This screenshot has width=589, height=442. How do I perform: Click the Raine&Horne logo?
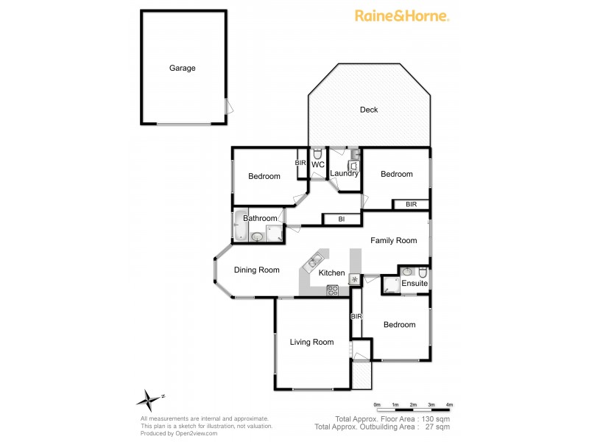click(402, 15)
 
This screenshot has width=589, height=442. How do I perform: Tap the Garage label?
click(183, 68)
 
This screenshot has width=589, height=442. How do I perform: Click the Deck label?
click(369, 110)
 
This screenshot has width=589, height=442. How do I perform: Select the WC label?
click(317, 165)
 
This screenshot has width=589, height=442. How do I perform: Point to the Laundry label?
click(344, 173)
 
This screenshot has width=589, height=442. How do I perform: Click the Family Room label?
click(393, 240)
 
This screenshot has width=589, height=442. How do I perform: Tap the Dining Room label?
click(257, 270)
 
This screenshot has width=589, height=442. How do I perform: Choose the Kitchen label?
click(332, 273)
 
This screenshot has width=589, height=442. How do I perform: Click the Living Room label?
click(311, 342)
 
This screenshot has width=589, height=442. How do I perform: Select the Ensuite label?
click(415, 284)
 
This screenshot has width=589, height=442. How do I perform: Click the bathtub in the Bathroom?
click(241, 226)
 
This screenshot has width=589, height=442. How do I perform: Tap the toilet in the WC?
click(317, 154)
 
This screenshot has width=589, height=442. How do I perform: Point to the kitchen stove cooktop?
click(333, 290)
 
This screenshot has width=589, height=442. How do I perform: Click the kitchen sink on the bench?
click(314, 261)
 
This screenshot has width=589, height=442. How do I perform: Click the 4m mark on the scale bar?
click(449, 405)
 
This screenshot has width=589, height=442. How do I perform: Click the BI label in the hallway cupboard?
click(342, 219)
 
